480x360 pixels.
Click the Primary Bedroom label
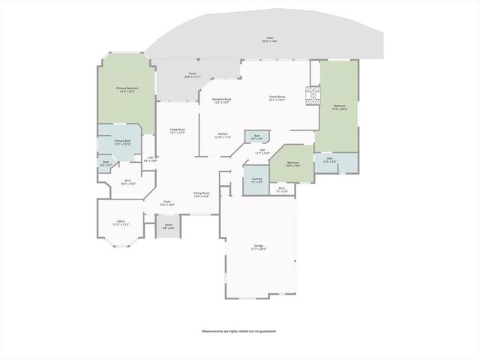pyautogui.click(x=126, y=90)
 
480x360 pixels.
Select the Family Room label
pyautogui.click(x=277, y=97)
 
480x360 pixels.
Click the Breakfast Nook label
pyautogui.click(x=222, y=100)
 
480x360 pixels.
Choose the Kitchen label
pyautogui.click(x=222, y=136)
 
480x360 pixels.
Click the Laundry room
pyautogui.click(x=256, y=181)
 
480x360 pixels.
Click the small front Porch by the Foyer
pyautogui.click(x=169, y=226)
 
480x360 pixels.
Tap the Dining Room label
pyautogui.click(x=201, y=194)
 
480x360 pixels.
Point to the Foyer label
pyautogui.click(x=169, y=202)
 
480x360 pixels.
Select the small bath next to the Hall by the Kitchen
pyautogui.click(x=256, y=137)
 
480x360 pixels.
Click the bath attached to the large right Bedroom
pyautogui.click(x=330, y=160)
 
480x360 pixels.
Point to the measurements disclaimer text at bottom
pyautogui.click(x=238, y=331)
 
